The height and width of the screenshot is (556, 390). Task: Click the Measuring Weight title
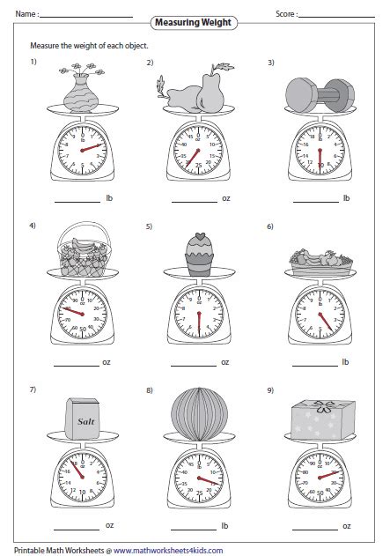(195, 21)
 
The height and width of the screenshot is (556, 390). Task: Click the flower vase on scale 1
(82, 87)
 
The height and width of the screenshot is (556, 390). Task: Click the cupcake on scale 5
(198, 254)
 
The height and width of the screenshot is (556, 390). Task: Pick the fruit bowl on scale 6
(320, 260)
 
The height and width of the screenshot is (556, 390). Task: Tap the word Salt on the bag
(85, 422)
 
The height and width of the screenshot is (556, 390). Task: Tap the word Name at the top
(26, 14)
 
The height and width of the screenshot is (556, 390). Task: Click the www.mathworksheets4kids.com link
(166, 549)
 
